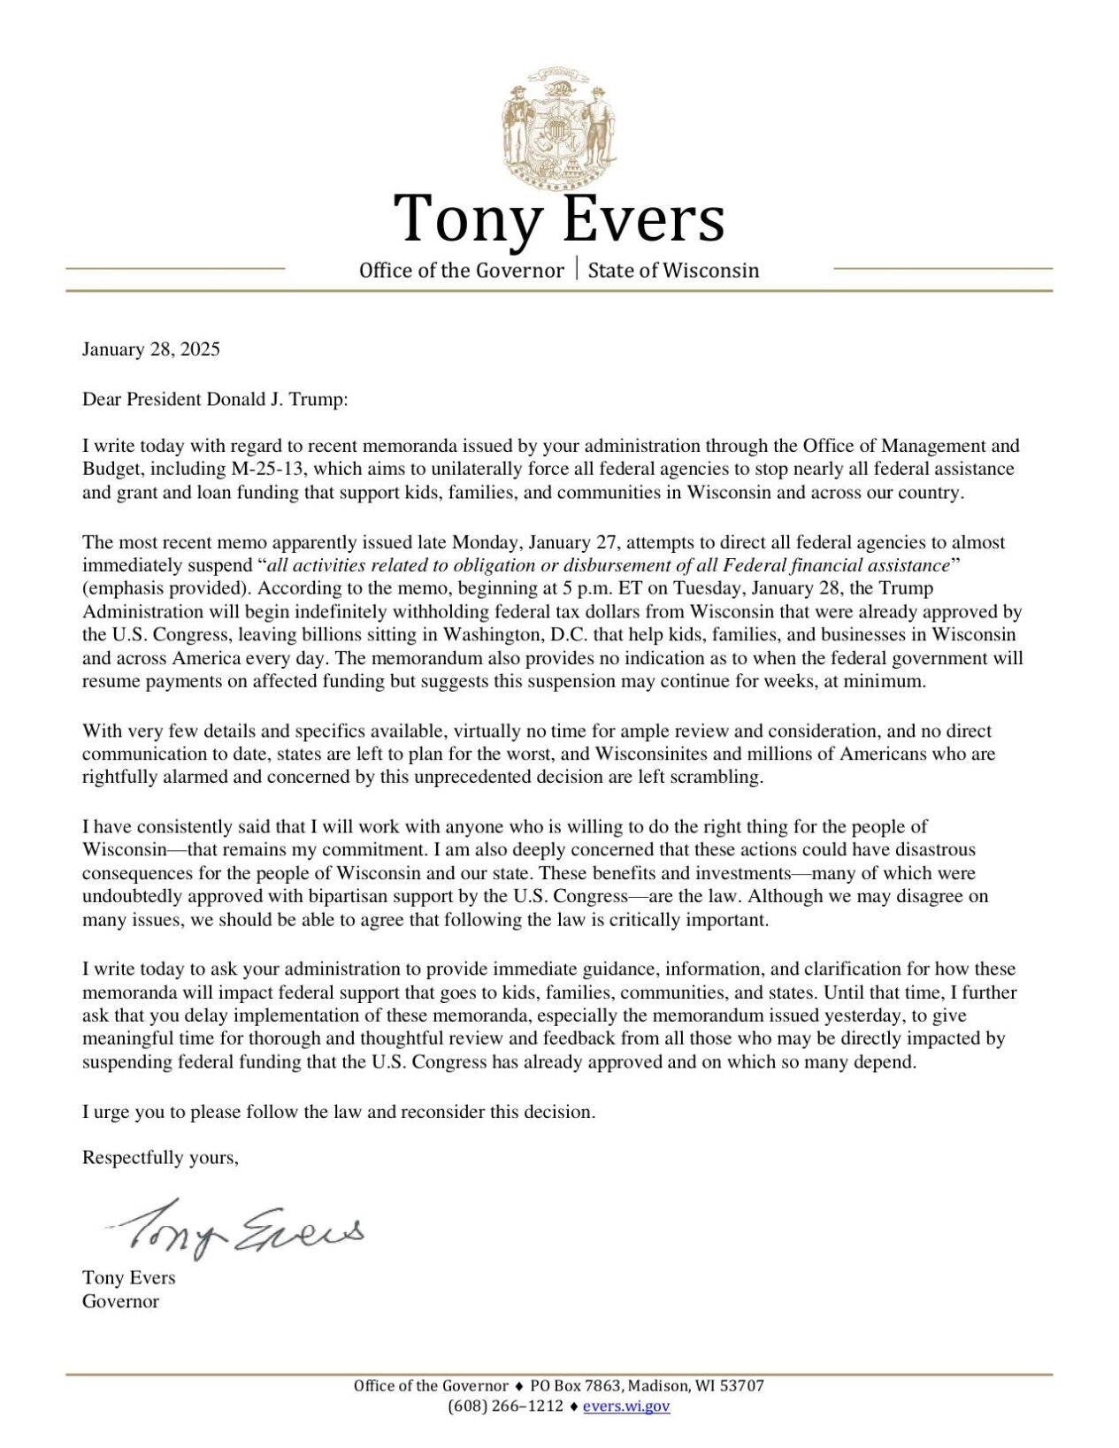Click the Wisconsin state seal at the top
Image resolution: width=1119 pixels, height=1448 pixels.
coord(558,126)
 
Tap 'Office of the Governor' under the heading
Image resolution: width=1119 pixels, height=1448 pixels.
coord(461,271)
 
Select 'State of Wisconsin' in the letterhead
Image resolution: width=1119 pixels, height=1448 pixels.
coord(673,271)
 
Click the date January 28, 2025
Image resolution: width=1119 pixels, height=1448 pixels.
coord(151,349)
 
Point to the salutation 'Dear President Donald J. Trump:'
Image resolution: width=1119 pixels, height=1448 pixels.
coord(216,400)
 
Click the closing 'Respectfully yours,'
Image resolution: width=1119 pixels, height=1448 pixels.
coord(160,1158)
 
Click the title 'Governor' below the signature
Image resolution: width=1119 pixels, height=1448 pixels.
coord(120,1301)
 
